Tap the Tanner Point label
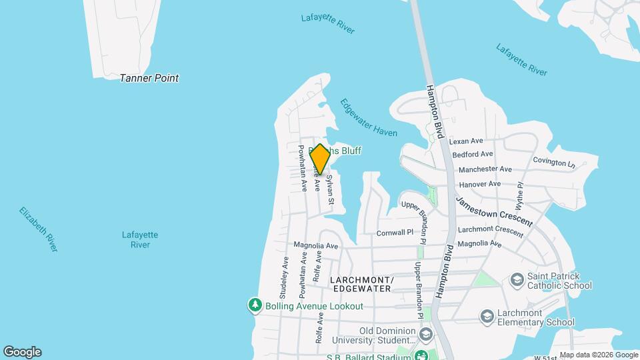[149, 78]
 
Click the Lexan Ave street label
[465, 141]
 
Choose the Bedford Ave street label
[472, 155]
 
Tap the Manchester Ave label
[485, 169]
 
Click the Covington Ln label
[554, 162]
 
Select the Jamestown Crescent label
[494, 211]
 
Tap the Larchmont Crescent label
[490, 230]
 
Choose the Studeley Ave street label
[285, 276]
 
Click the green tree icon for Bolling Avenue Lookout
[255, 305]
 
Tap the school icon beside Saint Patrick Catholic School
[516, 280]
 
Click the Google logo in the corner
[22, 352]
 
